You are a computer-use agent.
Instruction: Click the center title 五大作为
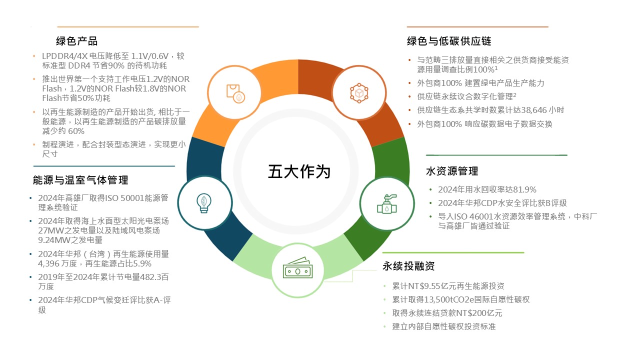pyautogui.click(x=299, y=171)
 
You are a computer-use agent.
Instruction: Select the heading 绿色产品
pyautogui.click(x=76, y=41)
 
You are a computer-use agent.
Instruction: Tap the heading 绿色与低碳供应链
pyautogui.click(x=449, y=41)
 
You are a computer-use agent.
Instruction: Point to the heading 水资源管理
pyautogui.click(x=452, y=171)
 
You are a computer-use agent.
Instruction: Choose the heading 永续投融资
pyautogui.click(x=408, y=266)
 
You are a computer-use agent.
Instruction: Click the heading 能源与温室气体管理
pyautogui.click(x=80, y=180)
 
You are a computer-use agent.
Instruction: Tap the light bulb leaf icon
pyautogui.click(x=204, y=203)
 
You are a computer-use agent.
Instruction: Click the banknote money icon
pyautogui.click(x=297, y=267)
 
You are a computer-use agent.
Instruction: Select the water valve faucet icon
pyautogui.click(x=387, y=204)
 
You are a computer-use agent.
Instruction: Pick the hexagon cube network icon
pyautogui.click(x=359, y=93)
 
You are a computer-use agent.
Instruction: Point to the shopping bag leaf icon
pyautogui.click(x=235, y=93)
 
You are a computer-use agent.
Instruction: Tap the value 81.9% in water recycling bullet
pyautogui.click(x=524, y=189)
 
